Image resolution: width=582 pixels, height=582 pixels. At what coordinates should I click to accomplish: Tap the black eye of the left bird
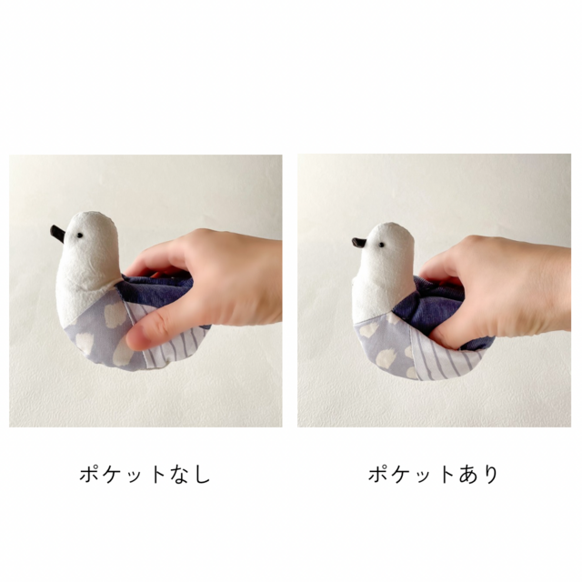(78, 236)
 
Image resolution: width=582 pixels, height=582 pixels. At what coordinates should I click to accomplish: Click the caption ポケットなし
(145, 474)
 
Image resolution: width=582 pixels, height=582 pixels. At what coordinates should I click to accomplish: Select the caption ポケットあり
(434, 474)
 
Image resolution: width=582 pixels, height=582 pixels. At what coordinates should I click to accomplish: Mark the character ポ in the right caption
(378, 474)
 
